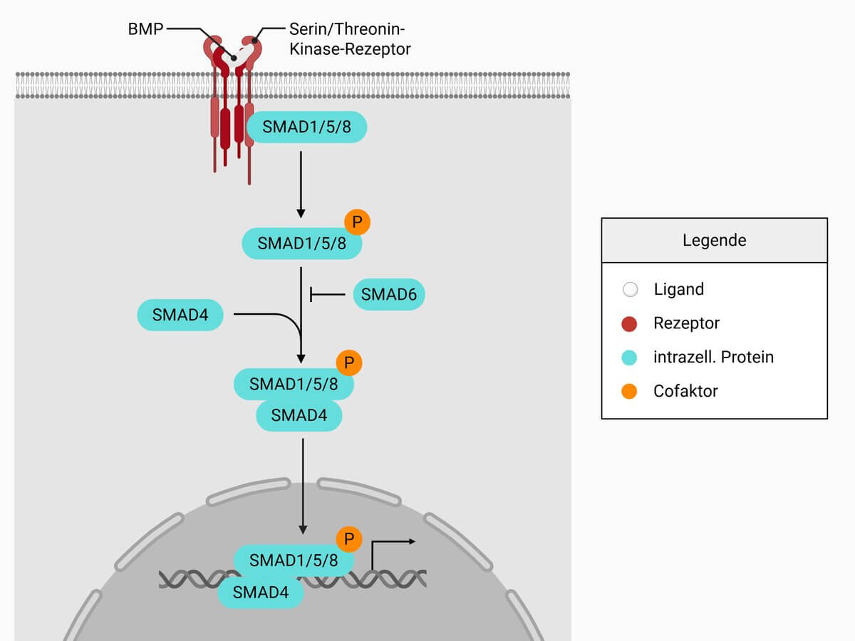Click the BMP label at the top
click(145, 30)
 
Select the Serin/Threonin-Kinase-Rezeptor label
click(349, 39)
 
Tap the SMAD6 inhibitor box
click(389, 294)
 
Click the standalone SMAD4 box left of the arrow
click(180, 314)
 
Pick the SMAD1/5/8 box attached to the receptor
click(306, 127)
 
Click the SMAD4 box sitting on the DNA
click(260, 592)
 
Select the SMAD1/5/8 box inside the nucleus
click(294, 560)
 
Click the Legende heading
click(714, 241)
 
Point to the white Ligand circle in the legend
click(629, 290)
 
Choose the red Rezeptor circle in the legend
click(629, 323)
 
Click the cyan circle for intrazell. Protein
click(629, 357)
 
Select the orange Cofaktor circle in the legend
click(629, 391)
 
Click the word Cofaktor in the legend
click(685, 391)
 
